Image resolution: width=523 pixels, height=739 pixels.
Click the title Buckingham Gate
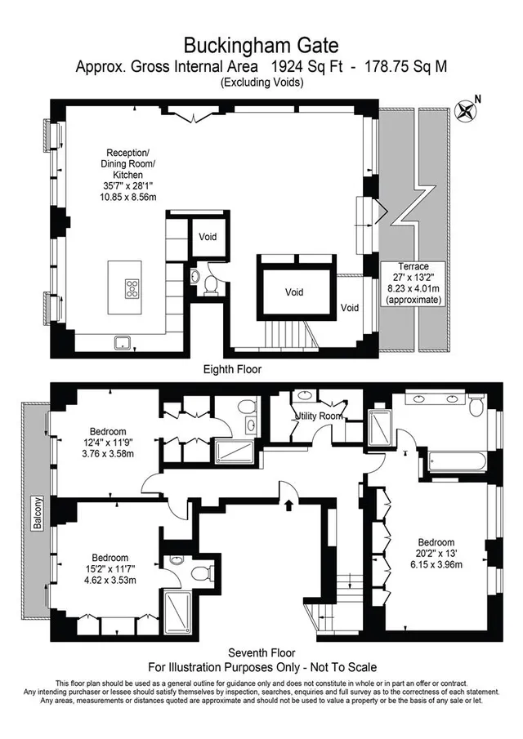point(261,46)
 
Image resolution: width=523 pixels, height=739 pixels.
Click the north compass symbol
point(466,110)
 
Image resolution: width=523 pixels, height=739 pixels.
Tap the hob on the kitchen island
point(132,288)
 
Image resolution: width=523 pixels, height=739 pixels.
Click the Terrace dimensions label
point(413,283)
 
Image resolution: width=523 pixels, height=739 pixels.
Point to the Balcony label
point(38,513)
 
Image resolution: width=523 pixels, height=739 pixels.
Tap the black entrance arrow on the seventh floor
point(288,505)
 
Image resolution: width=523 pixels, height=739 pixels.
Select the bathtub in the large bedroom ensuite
point(457,461)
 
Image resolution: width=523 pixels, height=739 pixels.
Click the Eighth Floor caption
point(232,369)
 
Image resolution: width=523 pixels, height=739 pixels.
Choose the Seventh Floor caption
point(261,652)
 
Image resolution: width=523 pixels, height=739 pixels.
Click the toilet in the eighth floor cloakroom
point(210,286)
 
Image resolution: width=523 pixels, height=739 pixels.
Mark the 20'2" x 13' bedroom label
point(436,554)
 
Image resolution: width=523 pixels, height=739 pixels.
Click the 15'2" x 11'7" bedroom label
point(110,568)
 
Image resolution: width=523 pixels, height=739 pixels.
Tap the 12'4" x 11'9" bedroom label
point(108,443)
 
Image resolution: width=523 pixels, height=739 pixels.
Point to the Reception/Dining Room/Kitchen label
point(127,175)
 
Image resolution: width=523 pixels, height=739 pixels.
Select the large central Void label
point(294,292)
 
